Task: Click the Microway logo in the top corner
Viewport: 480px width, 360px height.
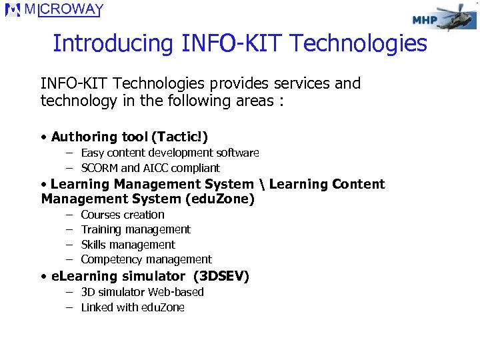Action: click(55, 10)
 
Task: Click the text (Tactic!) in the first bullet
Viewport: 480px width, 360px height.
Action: click(179, 137)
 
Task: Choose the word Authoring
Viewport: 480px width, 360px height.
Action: click(84, 137)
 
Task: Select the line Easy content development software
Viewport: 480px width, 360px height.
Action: click(169, 153)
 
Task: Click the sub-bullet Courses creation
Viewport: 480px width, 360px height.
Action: click(123, 215)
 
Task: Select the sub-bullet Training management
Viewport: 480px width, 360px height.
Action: click(135, 229)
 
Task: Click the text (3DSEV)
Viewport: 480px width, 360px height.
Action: click(220, 276)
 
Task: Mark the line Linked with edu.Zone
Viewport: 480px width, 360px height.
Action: click(133, 307)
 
